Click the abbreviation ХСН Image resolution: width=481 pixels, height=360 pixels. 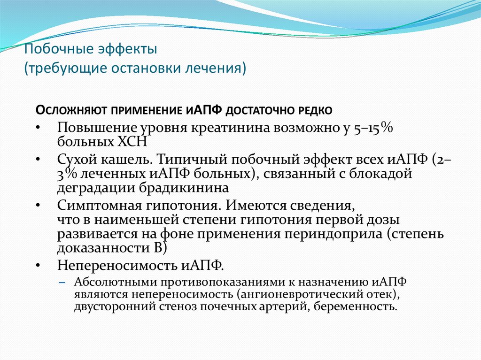(x=135, y=142)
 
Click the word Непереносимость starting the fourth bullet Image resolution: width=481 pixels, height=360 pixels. (x=111, y=265)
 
